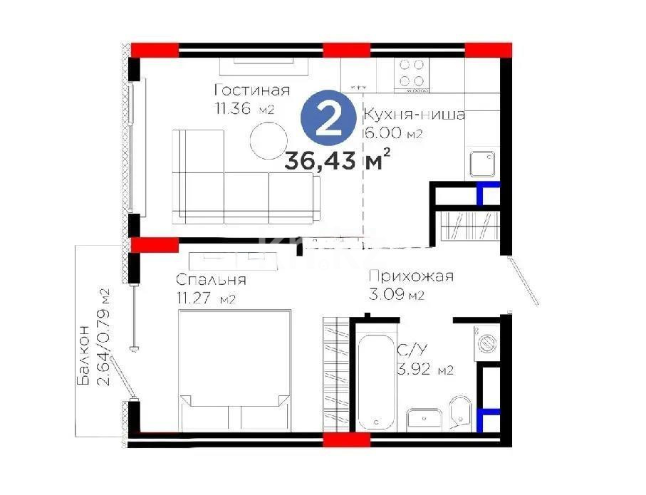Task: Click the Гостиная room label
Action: coord(251,90)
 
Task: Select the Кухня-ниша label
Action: coord(414,115)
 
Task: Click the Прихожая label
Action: coord(410,277)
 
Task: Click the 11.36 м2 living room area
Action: coord(244,109)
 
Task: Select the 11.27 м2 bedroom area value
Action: coord(205,298)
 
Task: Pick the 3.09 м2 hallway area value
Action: coord(396,295)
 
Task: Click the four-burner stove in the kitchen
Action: coord(412,73)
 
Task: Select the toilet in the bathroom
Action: coord(462,413)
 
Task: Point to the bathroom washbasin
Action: coord(424,420)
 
